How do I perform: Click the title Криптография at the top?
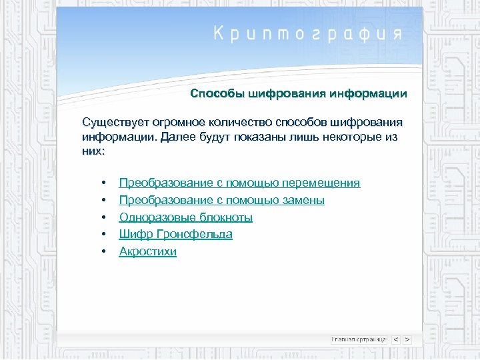click(307, 34)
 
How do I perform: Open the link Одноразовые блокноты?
click(185, 217)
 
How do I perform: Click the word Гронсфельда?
click(195, 234)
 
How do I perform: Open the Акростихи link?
click(147, 251)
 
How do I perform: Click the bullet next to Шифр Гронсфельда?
click(103, 235)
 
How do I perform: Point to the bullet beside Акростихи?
click(103, 252)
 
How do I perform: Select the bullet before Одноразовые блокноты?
click(103, 218)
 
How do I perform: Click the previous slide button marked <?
click(395, 339)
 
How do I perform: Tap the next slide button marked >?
click(407, 339)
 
